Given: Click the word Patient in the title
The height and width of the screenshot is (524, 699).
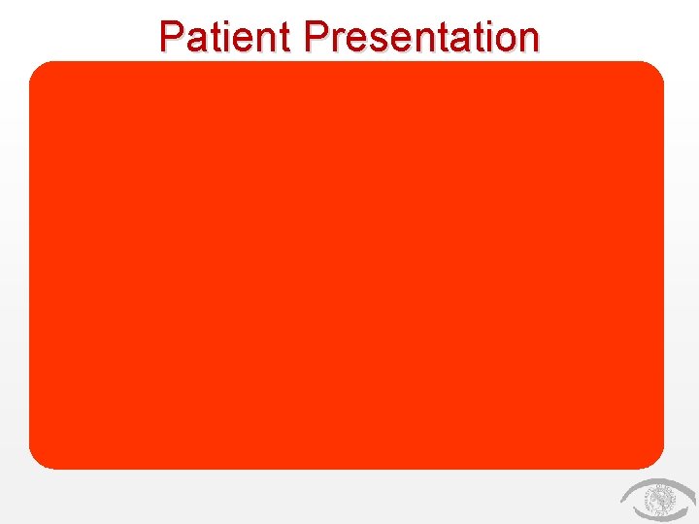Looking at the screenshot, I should (x=227, y=37).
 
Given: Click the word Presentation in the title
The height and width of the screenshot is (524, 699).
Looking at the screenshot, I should (x=420, y=37).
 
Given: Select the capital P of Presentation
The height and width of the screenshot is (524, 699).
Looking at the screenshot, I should (x=316, y=37).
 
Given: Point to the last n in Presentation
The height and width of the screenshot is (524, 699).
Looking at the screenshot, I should (x=526, y=40).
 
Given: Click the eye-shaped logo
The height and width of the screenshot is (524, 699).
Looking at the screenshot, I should (x=657, y=501).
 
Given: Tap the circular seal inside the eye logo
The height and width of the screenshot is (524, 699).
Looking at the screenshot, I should (x=661, y=502).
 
